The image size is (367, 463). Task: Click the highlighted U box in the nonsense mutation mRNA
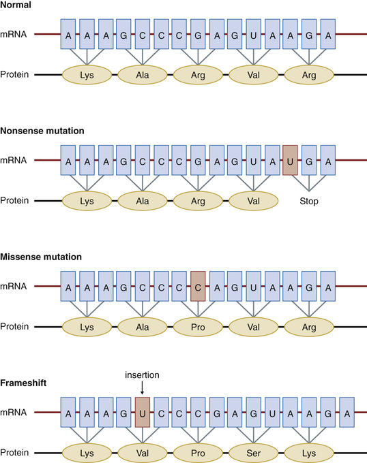click(x=290, y=161)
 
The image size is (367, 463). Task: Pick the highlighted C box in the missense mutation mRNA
click(x=198, y=287)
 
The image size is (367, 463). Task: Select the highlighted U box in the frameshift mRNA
click(x=142, y=413)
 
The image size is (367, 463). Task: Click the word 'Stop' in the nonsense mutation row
click(x=308, y=202)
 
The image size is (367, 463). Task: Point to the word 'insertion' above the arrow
click(x=142, y=375)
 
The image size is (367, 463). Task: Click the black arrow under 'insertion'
click(x=142, y=388)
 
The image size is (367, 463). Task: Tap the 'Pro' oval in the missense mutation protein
click(x=198, y=328)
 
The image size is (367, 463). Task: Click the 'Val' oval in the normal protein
click(x=253, y=74)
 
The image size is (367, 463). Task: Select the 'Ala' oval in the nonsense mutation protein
click(x=142, y=202)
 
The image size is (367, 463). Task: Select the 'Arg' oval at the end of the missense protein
click(x=308, y=328)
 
